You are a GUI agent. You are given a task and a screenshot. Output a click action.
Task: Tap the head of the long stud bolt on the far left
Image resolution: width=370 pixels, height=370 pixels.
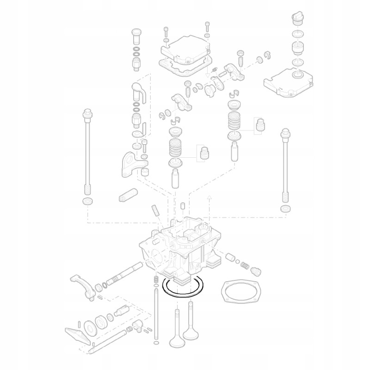(86, 112)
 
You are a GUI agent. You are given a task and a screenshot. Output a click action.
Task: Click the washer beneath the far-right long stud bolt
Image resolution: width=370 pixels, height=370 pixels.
(286, 210)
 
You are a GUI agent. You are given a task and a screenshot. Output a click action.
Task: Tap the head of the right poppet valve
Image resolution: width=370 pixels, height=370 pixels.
(191, 332)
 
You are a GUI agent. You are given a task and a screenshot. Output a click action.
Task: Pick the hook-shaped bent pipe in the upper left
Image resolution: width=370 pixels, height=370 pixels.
(138, 91)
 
